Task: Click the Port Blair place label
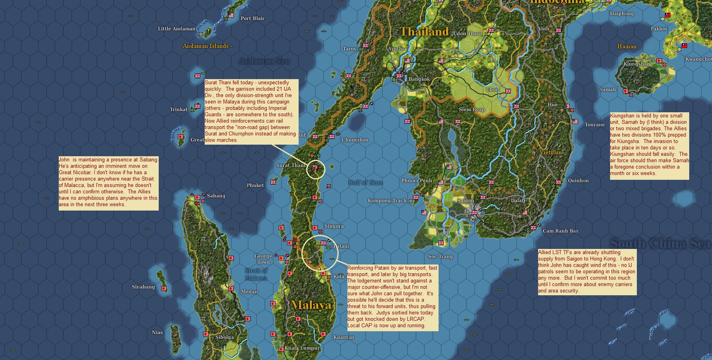[x=252, y=18]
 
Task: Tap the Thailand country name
[x=424, y=32]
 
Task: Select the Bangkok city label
[x=419, y=79]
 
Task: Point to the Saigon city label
[x=465, y=201]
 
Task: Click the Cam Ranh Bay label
[x=560, y=231]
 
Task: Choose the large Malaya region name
[x=311, y=305]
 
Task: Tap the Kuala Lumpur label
[x=302, y=348]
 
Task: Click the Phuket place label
[x=255, y=185]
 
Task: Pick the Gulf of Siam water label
[x=365, y=183]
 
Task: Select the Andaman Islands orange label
[x=205, y=46]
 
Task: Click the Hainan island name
[x=626, y=46]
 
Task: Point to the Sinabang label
[x=143, y=287]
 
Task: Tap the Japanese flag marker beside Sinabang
[x=164, y=288]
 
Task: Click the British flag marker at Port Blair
[x=231, y=16]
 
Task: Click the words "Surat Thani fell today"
[x=231, y=83]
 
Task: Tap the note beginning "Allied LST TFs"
[x=586, y=272]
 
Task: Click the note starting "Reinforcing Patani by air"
[x=392, y=296]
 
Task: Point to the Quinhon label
[x=578, y=181]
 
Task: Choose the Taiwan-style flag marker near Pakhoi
[x=667, y=15]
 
